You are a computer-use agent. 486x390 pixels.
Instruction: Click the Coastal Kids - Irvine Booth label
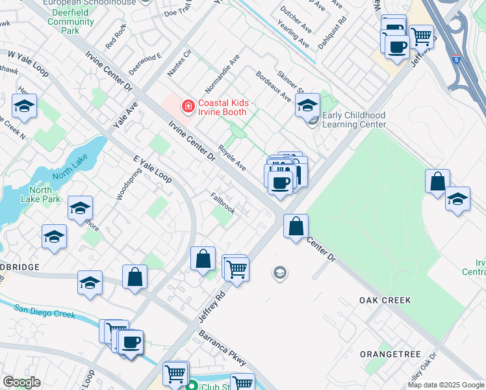[222, 107]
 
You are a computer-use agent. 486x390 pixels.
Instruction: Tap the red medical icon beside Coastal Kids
[188, 105]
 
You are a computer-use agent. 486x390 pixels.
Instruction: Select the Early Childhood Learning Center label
[354, 120]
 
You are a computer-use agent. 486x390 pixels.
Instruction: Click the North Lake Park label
[40, 194]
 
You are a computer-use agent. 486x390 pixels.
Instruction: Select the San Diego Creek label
[45, 311]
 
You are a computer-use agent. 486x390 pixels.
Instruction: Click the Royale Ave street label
[232, 157]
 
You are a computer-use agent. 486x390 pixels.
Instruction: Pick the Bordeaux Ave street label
[274, 86]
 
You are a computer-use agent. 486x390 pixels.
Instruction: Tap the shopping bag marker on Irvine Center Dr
[296, 227]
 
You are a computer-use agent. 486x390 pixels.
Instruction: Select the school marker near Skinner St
[307, 105]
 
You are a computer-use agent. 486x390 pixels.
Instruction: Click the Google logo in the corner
[21, 382]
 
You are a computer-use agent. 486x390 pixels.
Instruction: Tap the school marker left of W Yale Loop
[24, 107]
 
